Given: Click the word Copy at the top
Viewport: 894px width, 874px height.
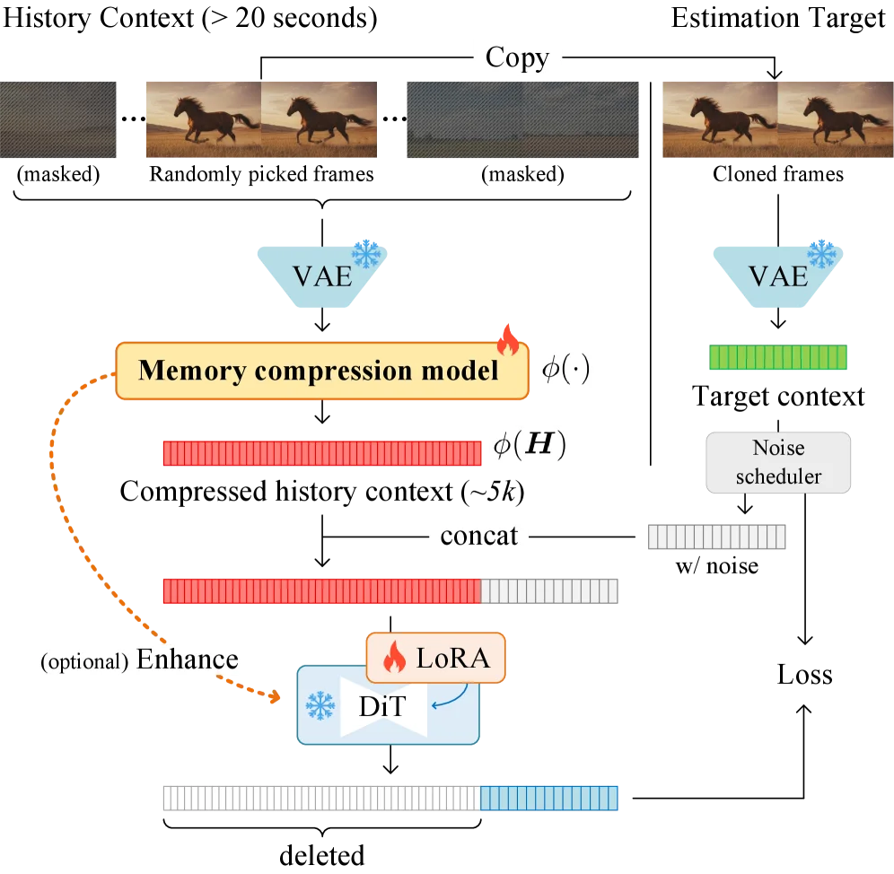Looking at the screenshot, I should point(516,58).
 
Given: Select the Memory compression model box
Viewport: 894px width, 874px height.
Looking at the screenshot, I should point(321,371).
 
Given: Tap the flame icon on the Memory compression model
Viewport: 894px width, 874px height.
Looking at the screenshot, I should point(507,340).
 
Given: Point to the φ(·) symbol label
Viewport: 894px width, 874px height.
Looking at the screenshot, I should point(563,370).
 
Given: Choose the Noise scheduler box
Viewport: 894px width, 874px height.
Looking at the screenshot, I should point(778,462).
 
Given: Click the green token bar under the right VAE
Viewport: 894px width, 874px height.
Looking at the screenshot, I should point(777,358).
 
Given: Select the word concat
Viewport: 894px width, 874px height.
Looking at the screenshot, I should point(478,537).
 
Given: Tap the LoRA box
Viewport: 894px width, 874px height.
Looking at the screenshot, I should point(436,660).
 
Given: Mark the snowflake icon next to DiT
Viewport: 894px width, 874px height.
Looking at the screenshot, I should point(320,706).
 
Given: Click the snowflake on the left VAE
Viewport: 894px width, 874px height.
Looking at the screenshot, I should point(366,254).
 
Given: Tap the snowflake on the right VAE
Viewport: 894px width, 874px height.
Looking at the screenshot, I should point(820,254).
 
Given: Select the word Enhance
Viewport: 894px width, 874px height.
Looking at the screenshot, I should point(188,660).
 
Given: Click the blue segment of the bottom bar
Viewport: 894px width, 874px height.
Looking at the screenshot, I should point(549,797).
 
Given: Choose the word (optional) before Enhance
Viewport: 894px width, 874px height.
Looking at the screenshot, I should point(85,663).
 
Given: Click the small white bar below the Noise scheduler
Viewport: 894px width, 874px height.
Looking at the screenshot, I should point(717,538).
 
